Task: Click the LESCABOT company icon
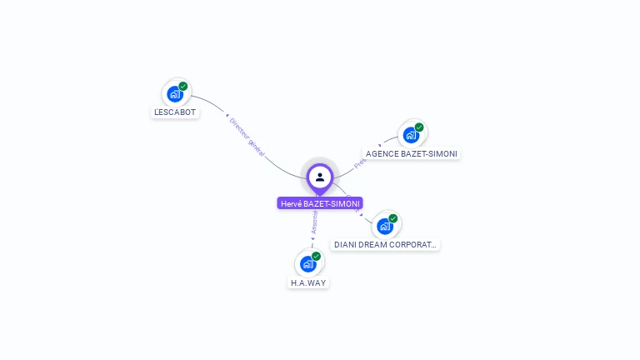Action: point(175,93)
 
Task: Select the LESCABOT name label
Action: point(175,112)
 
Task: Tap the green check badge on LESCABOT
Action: point(183,86)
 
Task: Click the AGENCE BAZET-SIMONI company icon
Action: point(411,134)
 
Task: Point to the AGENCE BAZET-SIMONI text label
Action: point(412,153)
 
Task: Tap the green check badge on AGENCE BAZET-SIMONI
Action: point(419,127)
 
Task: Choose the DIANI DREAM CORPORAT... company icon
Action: point(385,225)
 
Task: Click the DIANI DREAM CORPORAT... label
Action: point(385,245)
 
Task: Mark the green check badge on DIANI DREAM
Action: point(393,218)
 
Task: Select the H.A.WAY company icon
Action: point(308,263)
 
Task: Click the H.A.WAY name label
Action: point(308,282)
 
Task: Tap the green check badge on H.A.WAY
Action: point(317,256)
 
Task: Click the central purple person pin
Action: point(320,177)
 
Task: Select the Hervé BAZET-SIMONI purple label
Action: point(320,203)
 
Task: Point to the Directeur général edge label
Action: point(247,137)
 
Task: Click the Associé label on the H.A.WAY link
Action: point(314,222)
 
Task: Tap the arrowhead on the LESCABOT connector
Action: point(227,115)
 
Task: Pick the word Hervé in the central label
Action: point(291,203)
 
